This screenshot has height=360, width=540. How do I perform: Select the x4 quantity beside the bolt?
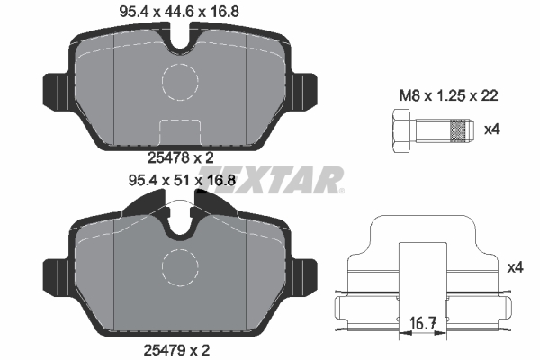tap(491, 130)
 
